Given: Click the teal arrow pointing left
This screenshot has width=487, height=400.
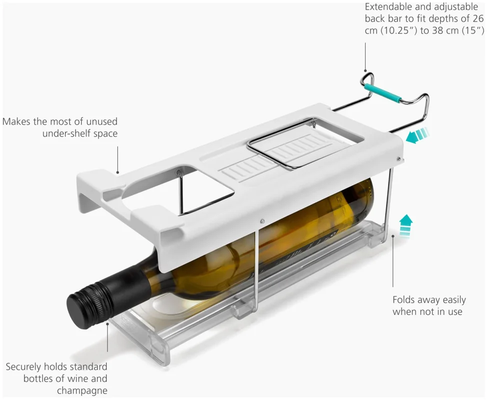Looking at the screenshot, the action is tap(417, 135).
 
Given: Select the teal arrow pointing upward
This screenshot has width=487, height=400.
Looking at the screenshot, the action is tap(405, 226).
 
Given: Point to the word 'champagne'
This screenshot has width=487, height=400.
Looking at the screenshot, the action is tap(82, 390).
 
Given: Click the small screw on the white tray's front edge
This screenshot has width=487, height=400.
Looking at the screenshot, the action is tap(262, 221).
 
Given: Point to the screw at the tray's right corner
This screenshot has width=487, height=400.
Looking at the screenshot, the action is tap(399, 159).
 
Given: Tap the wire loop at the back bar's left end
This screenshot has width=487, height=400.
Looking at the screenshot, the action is tap(366, 78).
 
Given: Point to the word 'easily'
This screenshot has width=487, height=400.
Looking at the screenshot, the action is tap(454, 300).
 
